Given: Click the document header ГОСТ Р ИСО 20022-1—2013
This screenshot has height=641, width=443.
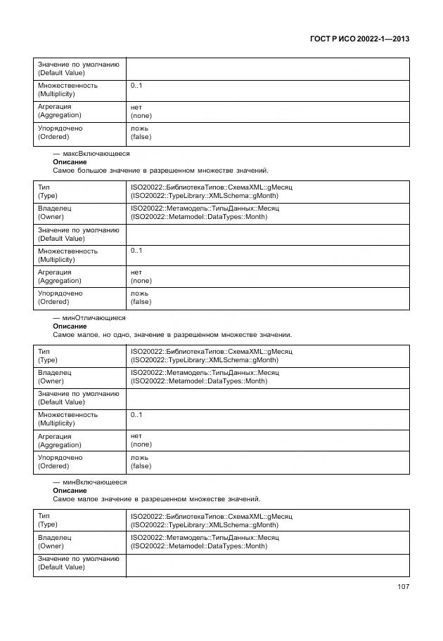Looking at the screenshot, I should [359, 39].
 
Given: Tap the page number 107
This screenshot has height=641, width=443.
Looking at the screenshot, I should [403, 587].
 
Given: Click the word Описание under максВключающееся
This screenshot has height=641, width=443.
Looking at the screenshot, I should [70, 162].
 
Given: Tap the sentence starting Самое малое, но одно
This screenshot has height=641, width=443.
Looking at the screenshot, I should [172, 335].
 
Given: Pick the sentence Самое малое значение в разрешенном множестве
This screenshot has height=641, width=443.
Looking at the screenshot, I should [156, 499].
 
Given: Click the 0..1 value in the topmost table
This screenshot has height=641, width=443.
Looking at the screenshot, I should [136, 86].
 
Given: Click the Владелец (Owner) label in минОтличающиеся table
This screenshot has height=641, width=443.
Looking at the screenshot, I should [55, 377].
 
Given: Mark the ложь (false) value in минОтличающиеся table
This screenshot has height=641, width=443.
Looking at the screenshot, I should [141, 461].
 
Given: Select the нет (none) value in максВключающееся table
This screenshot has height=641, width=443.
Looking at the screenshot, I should [141, 277].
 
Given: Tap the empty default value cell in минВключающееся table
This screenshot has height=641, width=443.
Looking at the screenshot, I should [267, 563].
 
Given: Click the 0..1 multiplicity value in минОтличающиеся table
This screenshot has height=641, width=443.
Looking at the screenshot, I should [136, 415].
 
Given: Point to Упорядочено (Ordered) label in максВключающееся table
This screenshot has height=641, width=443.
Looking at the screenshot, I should [60, 298].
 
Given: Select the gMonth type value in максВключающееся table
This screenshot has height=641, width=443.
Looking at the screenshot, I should [211, 192].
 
